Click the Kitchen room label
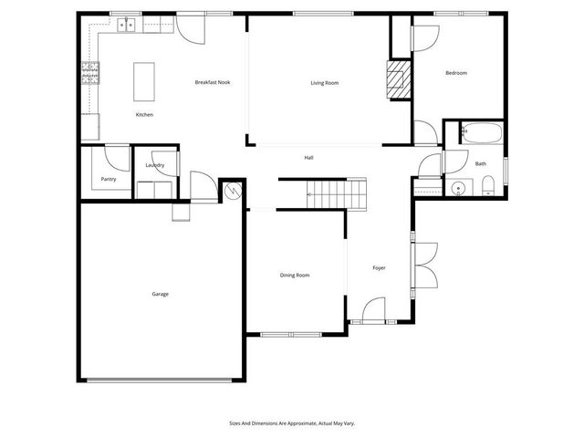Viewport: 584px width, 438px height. (x=144, y=115)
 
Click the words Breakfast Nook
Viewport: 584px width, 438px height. (x=213, y=82)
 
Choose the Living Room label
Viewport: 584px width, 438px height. (x=324, y=83)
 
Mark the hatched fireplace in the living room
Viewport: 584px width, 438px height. (x=398, y=79)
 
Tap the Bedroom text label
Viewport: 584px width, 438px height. (x=456, y=73)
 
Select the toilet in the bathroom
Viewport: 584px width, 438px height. (x=487, y=188)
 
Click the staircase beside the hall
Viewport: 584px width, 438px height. (x=335, y=193)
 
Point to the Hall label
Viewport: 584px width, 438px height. (x=309, y=158)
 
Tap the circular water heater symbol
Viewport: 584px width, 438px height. (x=233, y=191)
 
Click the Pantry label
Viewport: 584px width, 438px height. (x=109, y=180)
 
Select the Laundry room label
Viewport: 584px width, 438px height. (x=155, y=165)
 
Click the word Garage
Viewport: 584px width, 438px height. (x=160, y=294)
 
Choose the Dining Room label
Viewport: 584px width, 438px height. (x=295, y=275)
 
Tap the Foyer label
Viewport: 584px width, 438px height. (x=380, y=267)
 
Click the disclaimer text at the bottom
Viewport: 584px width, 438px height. (x=291, y=423)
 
